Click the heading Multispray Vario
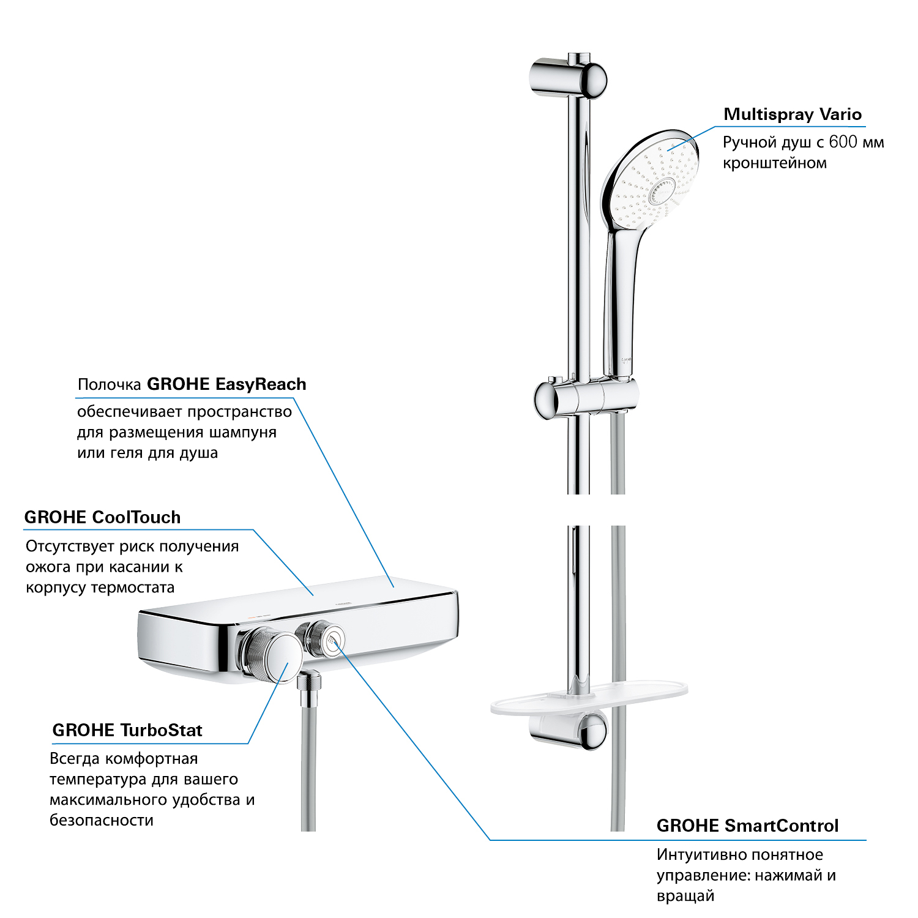click(x=793, y=114)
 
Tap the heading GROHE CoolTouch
click(x=102, y=517)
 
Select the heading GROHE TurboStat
click(x=127, y=730)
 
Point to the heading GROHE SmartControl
click(x=747, y=826)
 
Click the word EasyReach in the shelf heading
click(x=261, y=384)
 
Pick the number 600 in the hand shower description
click(x=843, y=142)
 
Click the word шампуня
click(x=243, y=433)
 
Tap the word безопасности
click(x=102, y=820)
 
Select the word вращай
click(x=685, y=897)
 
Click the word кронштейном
click(x=775, y=163)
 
